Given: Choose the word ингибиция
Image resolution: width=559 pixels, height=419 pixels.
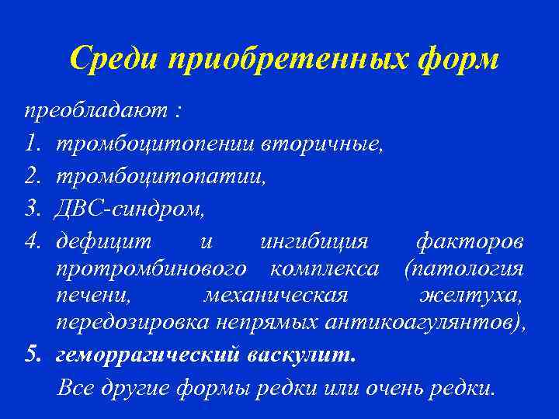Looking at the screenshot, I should (313, 242).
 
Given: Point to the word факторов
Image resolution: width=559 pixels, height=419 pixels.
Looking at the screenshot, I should (470, 242).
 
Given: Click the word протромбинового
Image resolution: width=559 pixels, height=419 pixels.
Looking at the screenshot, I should (152, 269).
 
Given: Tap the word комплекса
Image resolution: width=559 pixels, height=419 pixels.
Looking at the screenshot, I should (325, 269).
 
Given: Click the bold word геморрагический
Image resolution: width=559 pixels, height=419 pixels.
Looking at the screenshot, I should (149, 355).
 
